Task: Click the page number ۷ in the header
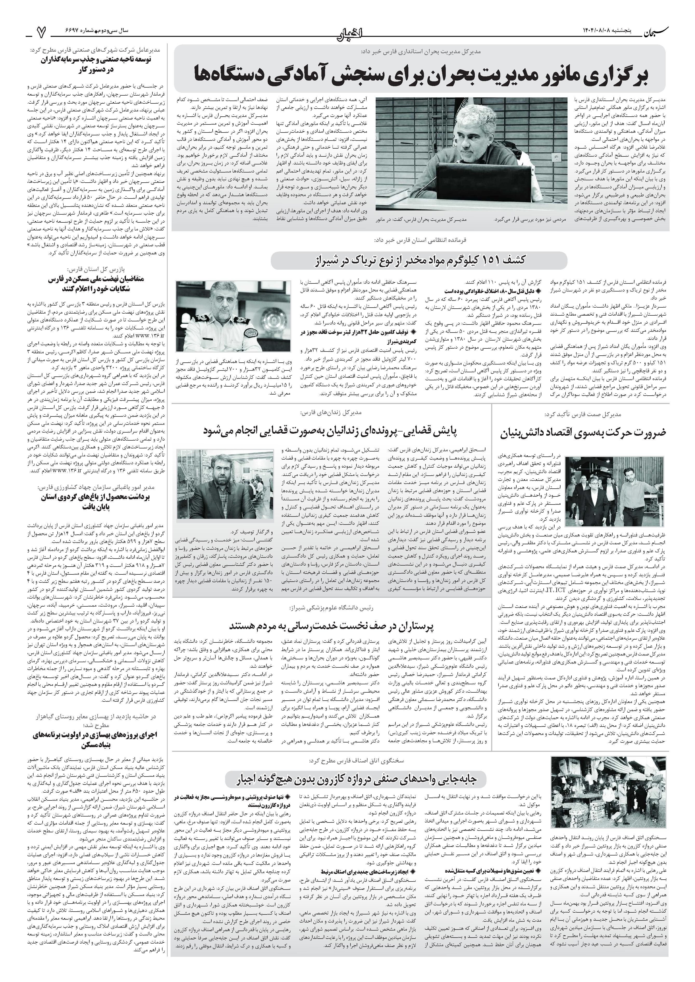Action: point(41,31)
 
